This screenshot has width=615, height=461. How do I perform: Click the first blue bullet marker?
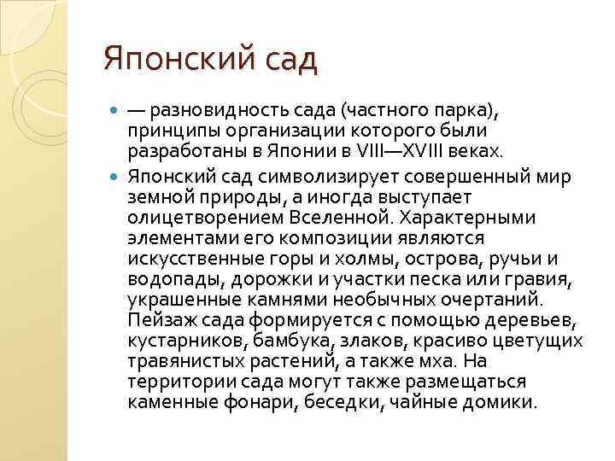click(116, 112)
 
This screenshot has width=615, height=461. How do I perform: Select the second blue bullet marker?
click(116, 175)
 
